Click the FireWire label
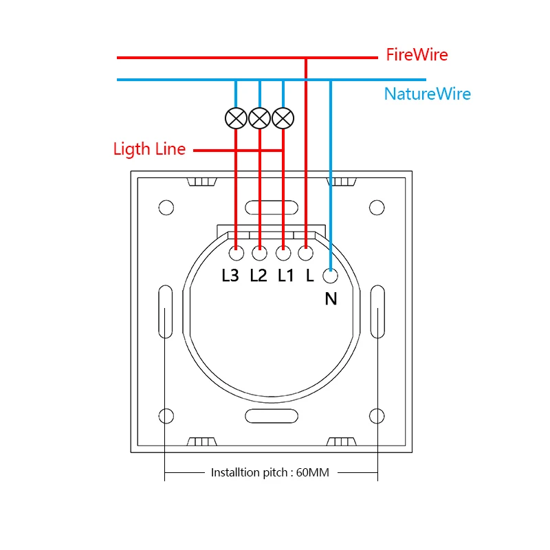(x=417, y=55)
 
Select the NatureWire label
(x=427, y=94)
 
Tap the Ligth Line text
(x=149, y=149)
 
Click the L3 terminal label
(x=230, y=276)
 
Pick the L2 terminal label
(x=258, y=276)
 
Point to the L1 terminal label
(x=285, y=276)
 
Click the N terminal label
(x=331, y=299)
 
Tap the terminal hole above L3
(x=236, y=254)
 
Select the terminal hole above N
(x=331, y=276)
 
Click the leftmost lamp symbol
(x=236, y=119)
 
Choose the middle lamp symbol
(x=259, y=119)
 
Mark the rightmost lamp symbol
(x=283, y=119)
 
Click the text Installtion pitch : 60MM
(x=270, y=473)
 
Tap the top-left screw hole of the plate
(x=166, y=207)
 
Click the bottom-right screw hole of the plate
(x=376, y=416)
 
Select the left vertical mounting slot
(x=166, y=312)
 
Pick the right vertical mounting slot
(x=377, y=312)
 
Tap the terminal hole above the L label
(x=306, y=254)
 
